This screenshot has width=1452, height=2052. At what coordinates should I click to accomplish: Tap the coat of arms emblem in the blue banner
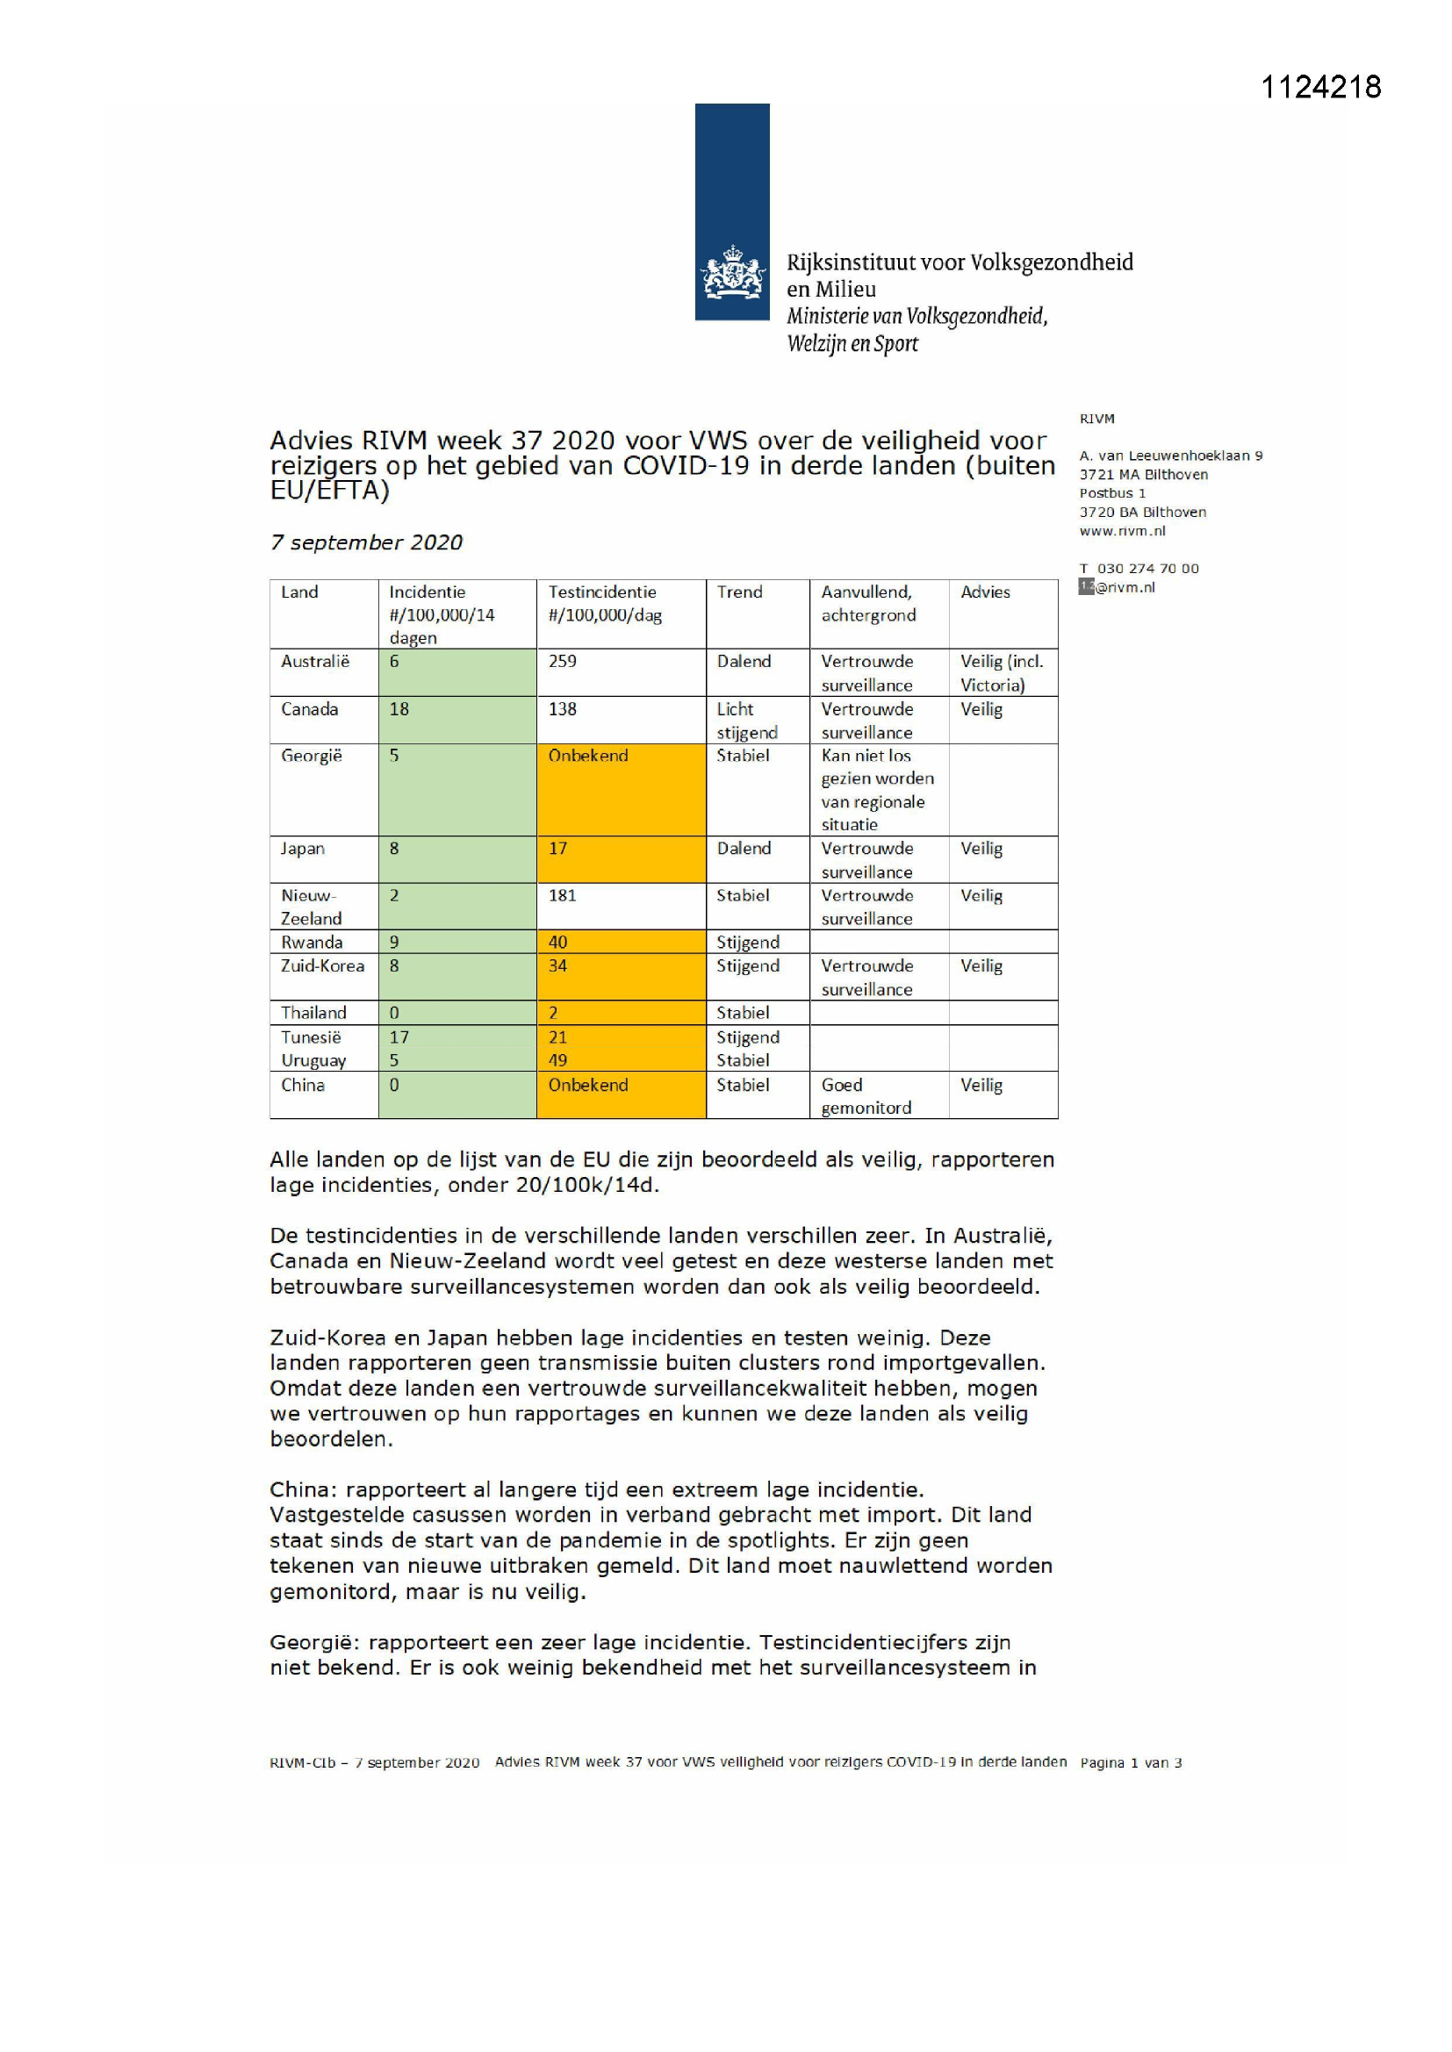pos(732,273)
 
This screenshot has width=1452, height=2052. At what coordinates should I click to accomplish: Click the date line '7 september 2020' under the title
pos(367,542)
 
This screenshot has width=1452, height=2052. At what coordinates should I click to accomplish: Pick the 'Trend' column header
pos(739,592)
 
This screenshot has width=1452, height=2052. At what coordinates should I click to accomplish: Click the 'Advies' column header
pos(985,592)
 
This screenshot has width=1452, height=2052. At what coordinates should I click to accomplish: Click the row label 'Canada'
pos(309,709)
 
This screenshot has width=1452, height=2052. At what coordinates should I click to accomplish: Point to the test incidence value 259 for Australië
pos(563,662)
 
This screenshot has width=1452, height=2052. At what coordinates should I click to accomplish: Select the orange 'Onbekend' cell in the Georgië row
pos(588,755)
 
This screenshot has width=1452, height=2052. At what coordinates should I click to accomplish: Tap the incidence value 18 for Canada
pos(399,709)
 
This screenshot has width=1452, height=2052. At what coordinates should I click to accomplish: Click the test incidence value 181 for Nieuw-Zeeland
pos(563,894)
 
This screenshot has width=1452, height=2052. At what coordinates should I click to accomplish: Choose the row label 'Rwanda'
pos(311,942)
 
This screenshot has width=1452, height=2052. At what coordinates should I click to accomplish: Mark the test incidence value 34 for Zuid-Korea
pos(558,965)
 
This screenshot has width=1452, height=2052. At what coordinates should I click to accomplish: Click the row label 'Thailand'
pos(313,1013)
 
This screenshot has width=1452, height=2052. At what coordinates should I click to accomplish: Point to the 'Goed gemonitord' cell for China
pos(866,1095)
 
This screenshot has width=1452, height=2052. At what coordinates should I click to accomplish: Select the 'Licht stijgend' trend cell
pos(746,721)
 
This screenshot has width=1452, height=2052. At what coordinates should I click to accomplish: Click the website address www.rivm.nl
pos(1122,531)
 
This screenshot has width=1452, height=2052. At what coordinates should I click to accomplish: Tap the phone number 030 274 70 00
pos(1148,569)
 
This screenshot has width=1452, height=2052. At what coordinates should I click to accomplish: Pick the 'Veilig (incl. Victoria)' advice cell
pos(1002,673)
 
